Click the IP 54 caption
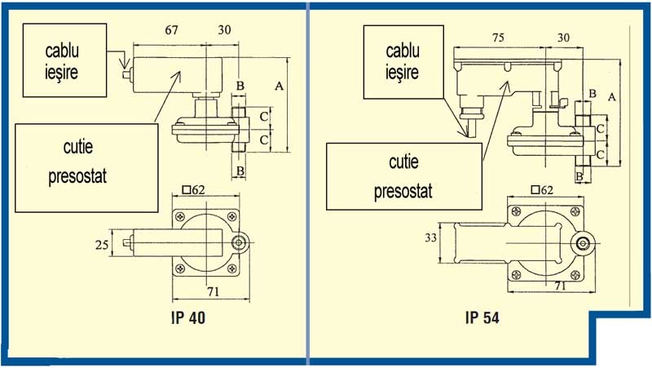tap(482, 317)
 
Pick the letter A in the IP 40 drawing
tap(280, 85)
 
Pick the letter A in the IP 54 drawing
tap(611, 96)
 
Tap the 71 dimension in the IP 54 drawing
tap(562, 286)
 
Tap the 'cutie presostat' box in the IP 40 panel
tap(86, 167)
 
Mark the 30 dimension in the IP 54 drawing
tap(562, 37)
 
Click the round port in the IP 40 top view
tap(241, 243)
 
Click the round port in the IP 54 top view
tap(582, 243)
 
